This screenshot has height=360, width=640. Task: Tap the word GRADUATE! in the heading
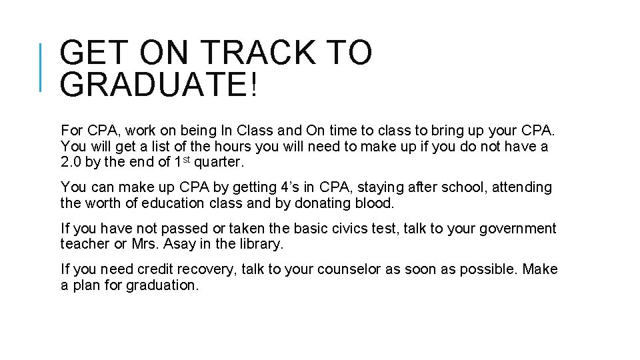[x=157, y=85]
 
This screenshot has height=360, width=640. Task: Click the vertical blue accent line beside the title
[x=41, y=67]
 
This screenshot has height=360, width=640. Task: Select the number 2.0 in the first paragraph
[x=73, y=162]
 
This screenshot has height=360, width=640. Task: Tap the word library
[x=259, y=244]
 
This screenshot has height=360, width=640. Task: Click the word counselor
[x=349, y=269]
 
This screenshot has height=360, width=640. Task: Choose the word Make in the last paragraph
[x=540, y=269]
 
